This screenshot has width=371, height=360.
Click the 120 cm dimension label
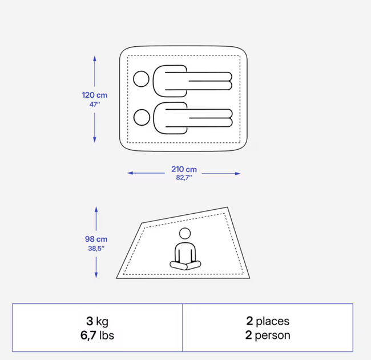tap(95, 95)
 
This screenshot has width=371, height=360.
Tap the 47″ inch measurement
tap(95, 104)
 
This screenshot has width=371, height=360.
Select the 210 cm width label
tap(184, 169)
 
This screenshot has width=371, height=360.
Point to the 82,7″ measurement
tap(184, 177)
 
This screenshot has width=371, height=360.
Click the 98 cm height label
tap(96, 239)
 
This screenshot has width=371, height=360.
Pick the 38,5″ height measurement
tap(96, 249)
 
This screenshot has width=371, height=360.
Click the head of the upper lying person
tap(141, 79)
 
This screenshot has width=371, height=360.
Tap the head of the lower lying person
tap(142, 118)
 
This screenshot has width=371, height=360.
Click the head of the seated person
tap(185, 234)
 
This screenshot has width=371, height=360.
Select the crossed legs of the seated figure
tap(185, 265)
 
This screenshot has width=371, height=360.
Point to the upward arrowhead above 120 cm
tap(95, 58)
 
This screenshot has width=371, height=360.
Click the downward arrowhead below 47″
tap(95, 140)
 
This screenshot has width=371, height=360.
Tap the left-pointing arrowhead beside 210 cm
tap(130, 173)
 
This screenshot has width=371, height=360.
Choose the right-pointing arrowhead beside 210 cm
tap(238, 174)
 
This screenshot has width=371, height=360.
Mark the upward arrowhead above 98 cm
tap(96, 209)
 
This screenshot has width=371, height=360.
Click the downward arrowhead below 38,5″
tap(96, 275)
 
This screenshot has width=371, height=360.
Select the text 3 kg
tap(97, 321)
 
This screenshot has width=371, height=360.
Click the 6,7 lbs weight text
tap(97, 335)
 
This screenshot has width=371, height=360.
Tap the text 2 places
tap(268, 321)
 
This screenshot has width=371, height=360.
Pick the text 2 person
tap(268, 335)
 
